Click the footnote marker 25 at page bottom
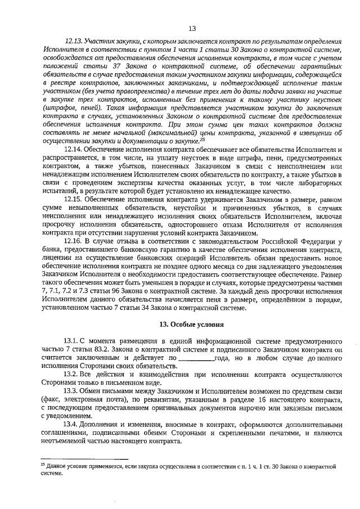(43, 465)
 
